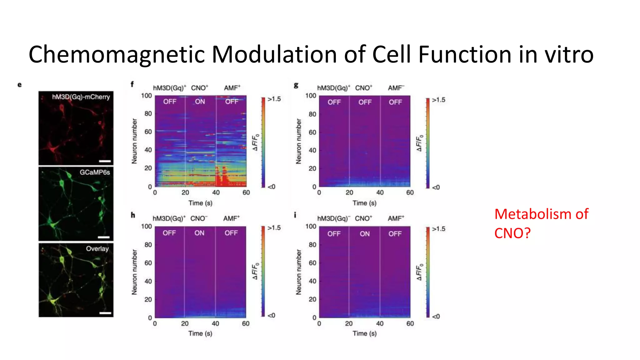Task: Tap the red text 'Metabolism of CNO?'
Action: tap(541, 223)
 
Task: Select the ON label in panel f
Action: tap(200, 102)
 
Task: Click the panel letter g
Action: tap(296, 85)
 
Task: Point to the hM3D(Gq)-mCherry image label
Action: tap(81, 97)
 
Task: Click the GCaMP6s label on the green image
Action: tap(95, 172)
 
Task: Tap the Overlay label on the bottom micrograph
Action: tap(97, 249)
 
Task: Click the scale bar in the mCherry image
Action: tap(105, 161)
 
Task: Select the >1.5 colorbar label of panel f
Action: tap(274, 99)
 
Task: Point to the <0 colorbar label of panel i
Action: tap(436, 316)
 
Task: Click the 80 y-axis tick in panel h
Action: tap(148, 245)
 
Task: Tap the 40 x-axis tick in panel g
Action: tap(380, 192)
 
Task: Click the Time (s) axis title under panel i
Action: tap(364, 333)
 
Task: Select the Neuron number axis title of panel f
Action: tap(134, 141)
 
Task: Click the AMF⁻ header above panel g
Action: tap(396, 88)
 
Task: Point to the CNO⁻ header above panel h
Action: tap(199, 218)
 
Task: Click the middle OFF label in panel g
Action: tap(365, 102)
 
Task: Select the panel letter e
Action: tap(20, 85)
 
